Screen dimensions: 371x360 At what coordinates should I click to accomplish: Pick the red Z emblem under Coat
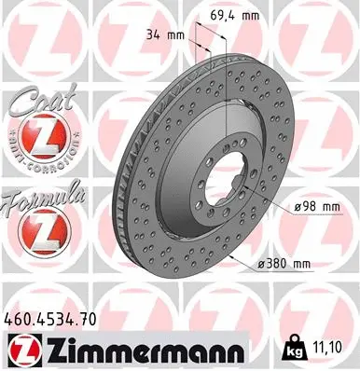pos(36,139)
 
